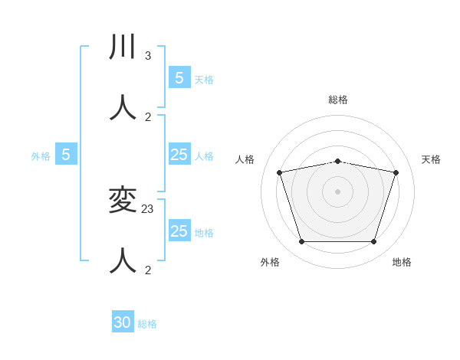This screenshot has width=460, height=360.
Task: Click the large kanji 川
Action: (123, 47)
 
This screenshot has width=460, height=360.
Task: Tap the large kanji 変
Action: (123, 201)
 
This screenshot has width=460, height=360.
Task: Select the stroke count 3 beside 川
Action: (148, 56)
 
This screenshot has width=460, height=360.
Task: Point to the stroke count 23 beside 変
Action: (148, 209)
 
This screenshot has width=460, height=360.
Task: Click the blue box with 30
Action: (123, 322)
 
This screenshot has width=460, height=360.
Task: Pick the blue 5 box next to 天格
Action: (179, 78)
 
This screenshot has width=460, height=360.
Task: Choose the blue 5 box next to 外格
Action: (66, 155)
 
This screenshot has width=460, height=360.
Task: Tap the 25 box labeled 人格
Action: (179, 155)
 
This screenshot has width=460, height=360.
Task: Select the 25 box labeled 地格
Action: (179, 231)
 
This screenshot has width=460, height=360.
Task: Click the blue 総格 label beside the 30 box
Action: (147, 324)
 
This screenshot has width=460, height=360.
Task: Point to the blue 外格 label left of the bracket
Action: (41, 156)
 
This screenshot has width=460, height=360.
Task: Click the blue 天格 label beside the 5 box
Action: (204, 79)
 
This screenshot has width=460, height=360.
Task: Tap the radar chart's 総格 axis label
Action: (338, 100)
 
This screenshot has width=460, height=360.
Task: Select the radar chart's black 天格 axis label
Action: (432, 159)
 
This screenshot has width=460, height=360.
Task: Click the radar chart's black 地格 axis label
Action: (402, 262)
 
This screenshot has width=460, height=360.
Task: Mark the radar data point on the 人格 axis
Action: (280, 172)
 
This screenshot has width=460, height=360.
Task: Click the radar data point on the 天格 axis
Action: (396, 172)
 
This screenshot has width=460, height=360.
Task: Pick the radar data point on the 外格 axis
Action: (301, 241)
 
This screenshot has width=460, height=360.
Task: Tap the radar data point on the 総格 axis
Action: (338, 161)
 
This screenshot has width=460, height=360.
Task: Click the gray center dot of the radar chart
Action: (338, 191)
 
